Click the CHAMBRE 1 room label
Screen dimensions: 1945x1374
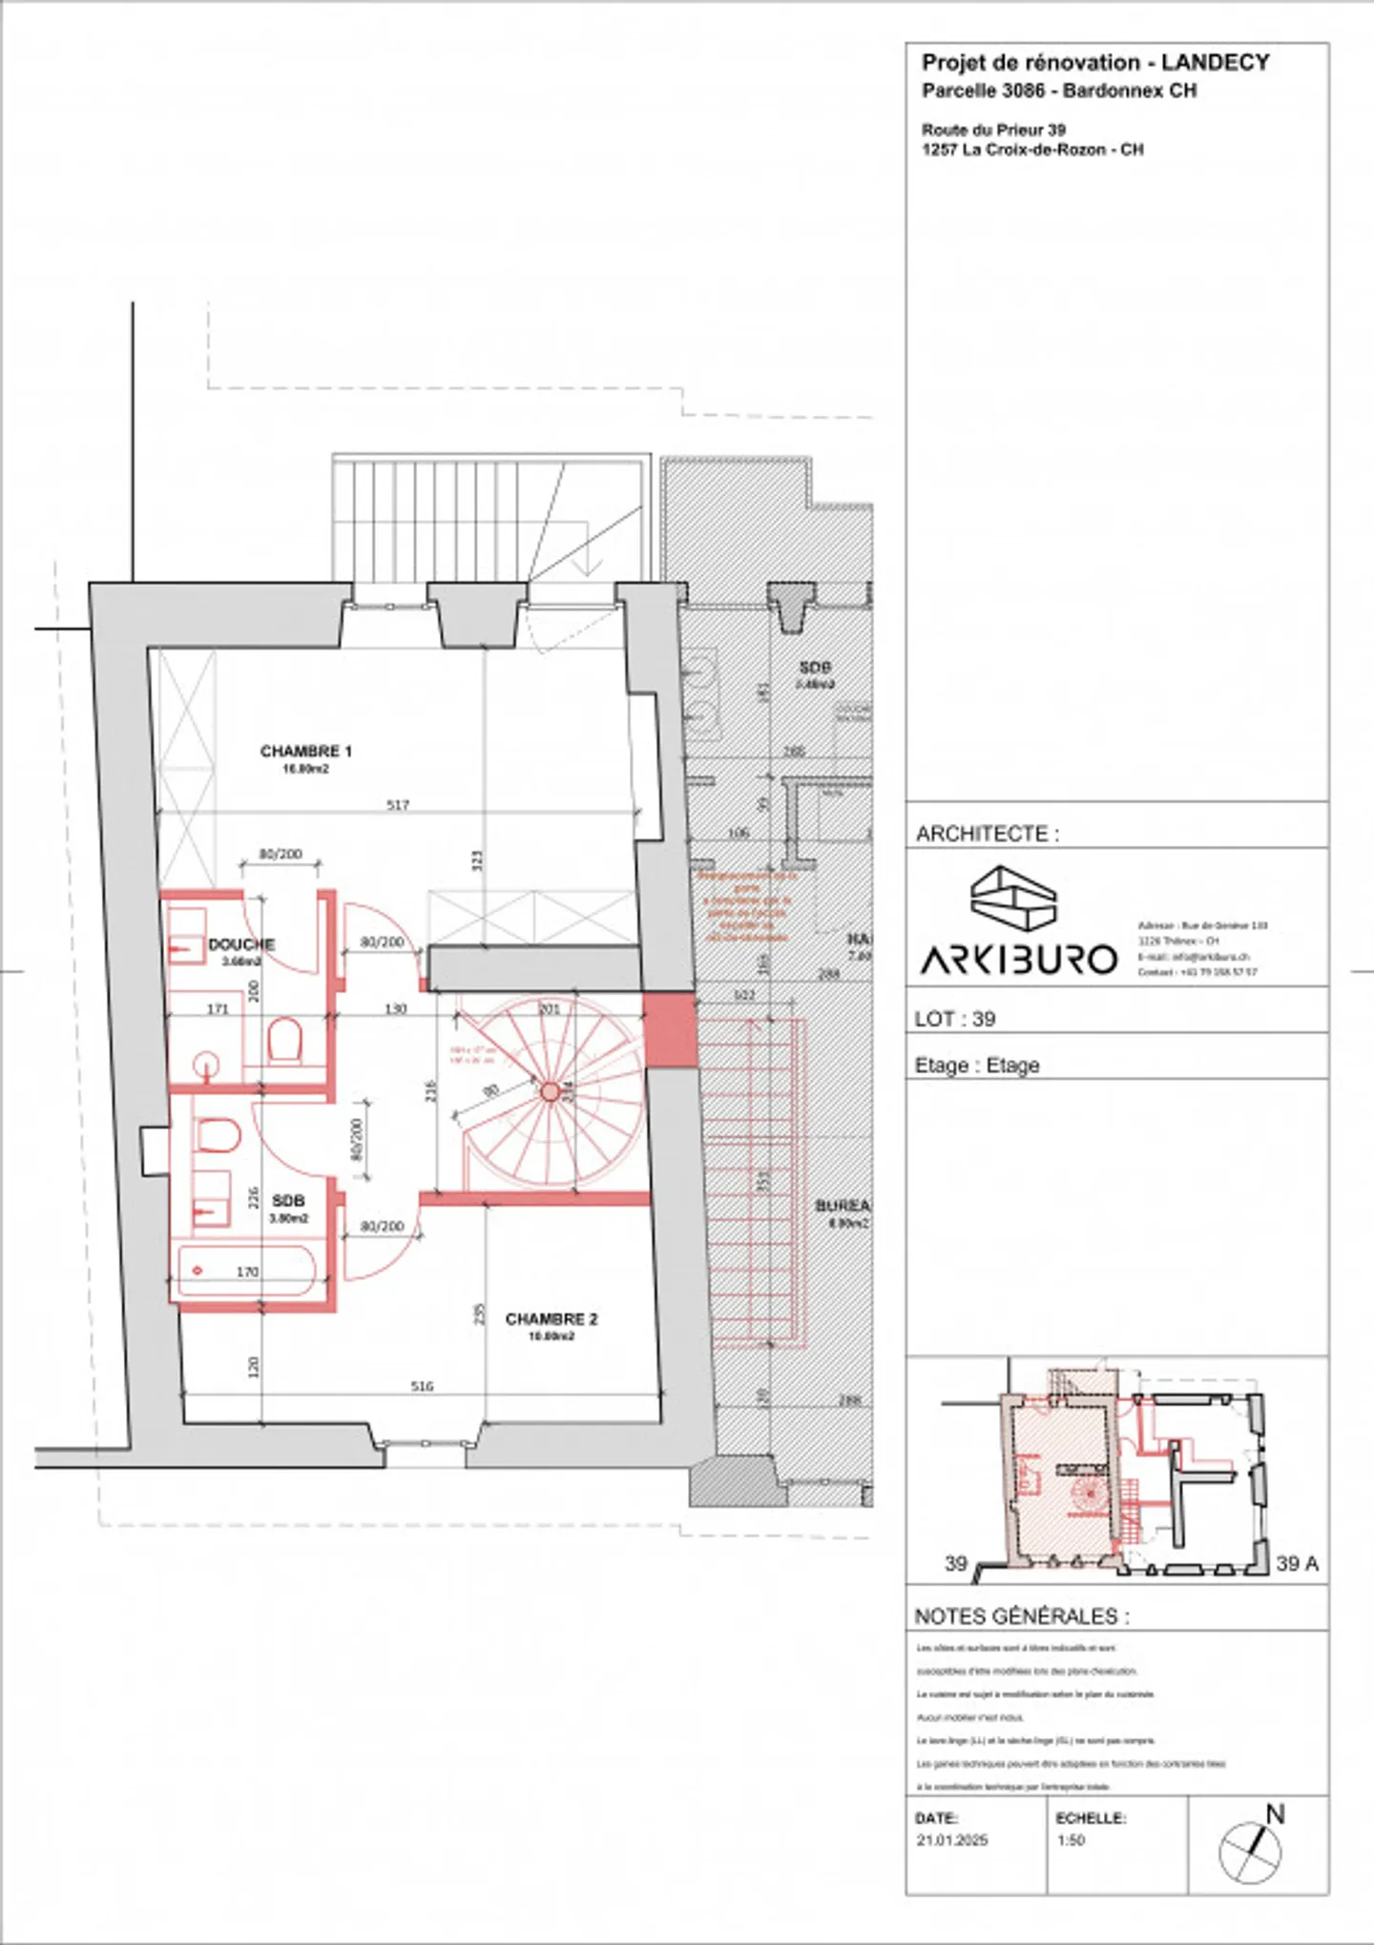pyautogui.click(x=305, y=752)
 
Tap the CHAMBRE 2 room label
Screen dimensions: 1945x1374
pyautogui.click(x=551, y=1319)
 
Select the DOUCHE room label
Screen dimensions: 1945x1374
pyautogui.click(x=241, y=944)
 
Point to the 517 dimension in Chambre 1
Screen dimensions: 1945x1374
pyautogui.click(x=398, y=805)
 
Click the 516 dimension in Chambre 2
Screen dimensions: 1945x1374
pyautogui.click(x=422, y=1386)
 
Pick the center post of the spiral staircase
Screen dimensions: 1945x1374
pyautogui.click(x=550, y=1091)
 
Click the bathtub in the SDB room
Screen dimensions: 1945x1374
pyautogui.click(x=246, y=1271)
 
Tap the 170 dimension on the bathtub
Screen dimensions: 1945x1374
pyautogui.click(x=247, y=1272)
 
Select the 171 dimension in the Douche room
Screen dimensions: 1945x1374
pyautogui.click(x=218, y=1008)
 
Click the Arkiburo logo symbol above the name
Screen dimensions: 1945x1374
pyautogui.click(x=1013, y=899)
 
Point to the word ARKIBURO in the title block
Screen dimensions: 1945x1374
pyautogui.click(x=1018, y=959)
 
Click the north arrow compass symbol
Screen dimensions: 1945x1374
pyautogui.click(x=1251, y=1851)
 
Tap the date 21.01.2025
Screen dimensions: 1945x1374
pyautogui.click(x=951, y=1840)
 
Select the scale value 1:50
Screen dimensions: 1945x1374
pyautogui.click(x=1071, y=1840)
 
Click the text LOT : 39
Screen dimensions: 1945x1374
pyautogui.click(x=954, y=1019)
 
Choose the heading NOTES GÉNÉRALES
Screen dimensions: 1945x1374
pyautogui.click(x=1021, y=1617)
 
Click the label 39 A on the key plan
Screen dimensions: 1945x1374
pyautogui.click(x=1297, y=1563)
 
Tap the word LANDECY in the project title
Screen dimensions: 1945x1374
pyautogui.click(x=1215, y=63)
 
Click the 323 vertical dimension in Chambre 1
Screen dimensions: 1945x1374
pyautogui.click(x=478, y=860)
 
